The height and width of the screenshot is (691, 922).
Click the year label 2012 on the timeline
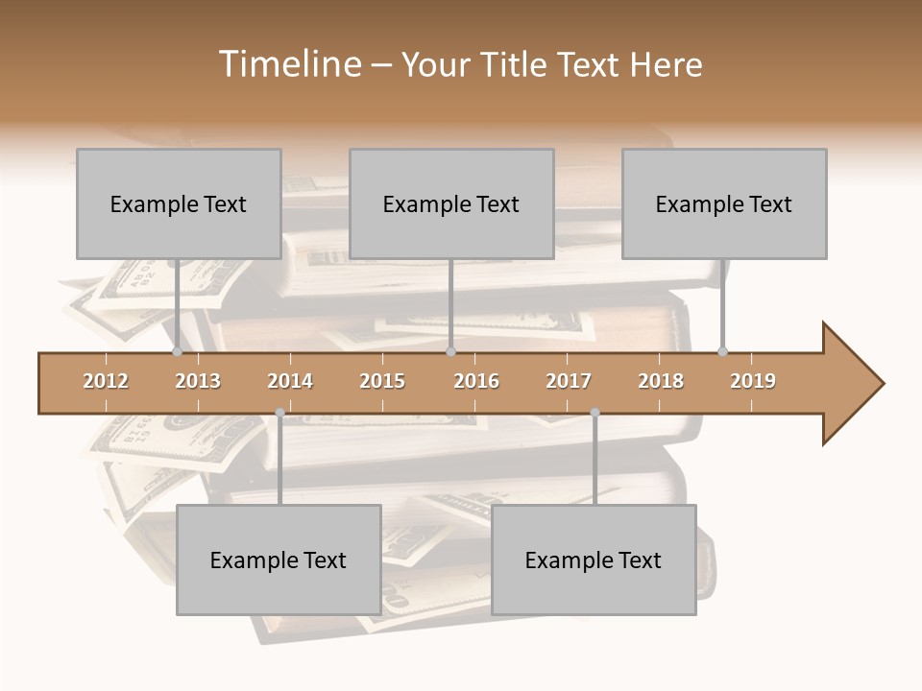[x=106, y=381]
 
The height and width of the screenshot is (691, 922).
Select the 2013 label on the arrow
[x=198, y=381]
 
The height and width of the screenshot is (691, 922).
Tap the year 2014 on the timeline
[x=290, y=381]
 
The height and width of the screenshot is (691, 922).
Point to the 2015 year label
[x=382, y=381]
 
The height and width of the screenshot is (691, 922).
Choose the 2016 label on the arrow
[x=476, y=381]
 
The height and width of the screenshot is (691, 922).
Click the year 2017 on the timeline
[x=569, y=381]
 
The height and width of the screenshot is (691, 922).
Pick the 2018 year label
[x=661, y=381]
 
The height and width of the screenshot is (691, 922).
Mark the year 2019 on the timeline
[x=753, y=381]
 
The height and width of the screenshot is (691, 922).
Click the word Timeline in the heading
[x=288, y=64]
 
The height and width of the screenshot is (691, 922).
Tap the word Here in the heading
[x=667, y=64]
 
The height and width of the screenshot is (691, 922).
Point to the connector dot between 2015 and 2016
[x=450, y=351]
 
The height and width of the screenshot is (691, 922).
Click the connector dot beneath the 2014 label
[x=279, y=413]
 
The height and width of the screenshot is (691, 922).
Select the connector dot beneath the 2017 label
[x=594, y=413]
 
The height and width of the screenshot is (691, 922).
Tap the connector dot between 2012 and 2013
[x=177, y=351]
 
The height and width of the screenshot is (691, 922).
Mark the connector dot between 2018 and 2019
[x=722, y=351]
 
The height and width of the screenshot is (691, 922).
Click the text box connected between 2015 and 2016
[x=451, y=203]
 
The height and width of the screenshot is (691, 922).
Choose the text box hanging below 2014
[x=279, y=560]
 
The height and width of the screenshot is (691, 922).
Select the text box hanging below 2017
[x=594, y=560]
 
